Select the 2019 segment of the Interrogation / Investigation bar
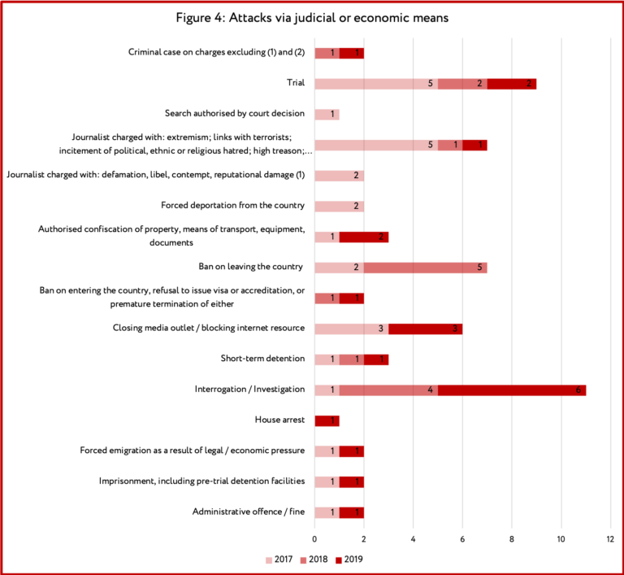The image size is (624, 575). (512, 390)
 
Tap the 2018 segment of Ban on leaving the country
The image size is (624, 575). (426, 268)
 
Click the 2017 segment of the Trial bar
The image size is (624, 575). (376, 84)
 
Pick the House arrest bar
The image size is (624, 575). (327, 420)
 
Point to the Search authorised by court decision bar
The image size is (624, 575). (327, 115)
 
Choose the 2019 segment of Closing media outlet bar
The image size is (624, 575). (426, 329)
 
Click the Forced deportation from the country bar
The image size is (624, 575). (340, 207)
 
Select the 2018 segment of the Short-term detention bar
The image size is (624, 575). (352, 359)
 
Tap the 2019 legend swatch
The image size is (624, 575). (339, 560)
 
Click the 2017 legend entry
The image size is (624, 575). (279, 560)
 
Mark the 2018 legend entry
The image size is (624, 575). (314, 560)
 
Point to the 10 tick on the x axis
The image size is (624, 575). (561, 539)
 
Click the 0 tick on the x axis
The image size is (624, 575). (314, 539)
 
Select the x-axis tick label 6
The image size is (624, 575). (462, 539)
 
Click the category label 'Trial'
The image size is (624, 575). (296, 82)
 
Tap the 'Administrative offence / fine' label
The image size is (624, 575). (249, 512)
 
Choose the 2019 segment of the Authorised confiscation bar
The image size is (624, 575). (364, 237)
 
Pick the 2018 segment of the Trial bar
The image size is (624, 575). (462, 84)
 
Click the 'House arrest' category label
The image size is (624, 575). (279, 420)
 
